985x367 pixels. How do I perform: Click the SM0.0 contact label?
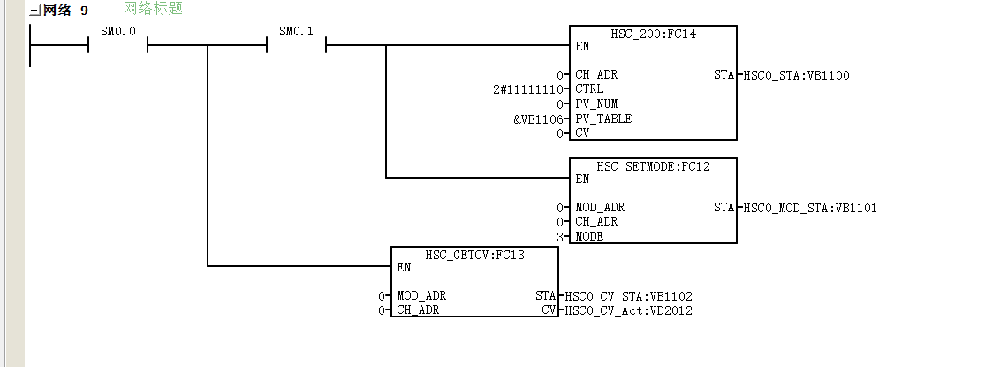118,31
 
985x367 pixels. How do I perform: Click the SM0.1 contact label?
296,31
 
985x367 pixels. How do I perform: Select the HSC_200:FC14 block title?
654,34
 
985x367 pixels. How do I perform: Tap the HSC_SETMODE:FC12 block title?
654,166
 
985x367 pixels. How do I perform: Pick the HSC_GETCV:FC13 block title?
475,256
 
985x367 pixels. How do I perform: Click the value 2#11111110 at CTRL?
527,89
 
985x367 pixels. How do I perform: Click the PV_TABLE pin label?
603,119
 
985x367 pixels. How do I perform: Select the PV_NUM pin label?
597,103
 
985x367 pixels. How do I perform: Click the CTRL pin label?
589,89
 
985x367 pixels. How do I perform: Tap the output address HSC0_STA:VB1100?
797,75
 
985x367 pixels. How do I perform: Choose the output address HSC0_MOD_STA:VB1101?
810,208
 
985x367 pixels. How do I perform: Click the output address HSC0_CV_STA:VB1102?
629,296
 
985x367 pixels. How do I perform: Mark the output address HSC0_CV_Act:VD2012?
629,310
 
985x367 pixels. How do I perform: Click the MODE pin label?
589,237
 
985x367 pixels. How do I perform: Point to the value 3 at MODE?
560,237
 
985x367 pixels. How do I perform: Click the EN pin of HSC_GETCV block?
405,267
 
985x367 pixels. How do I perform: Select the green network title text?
154,9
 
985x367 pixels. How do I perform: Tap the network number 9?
84,11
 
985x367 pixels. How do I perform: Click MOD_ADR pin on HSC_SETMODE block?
600,208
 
